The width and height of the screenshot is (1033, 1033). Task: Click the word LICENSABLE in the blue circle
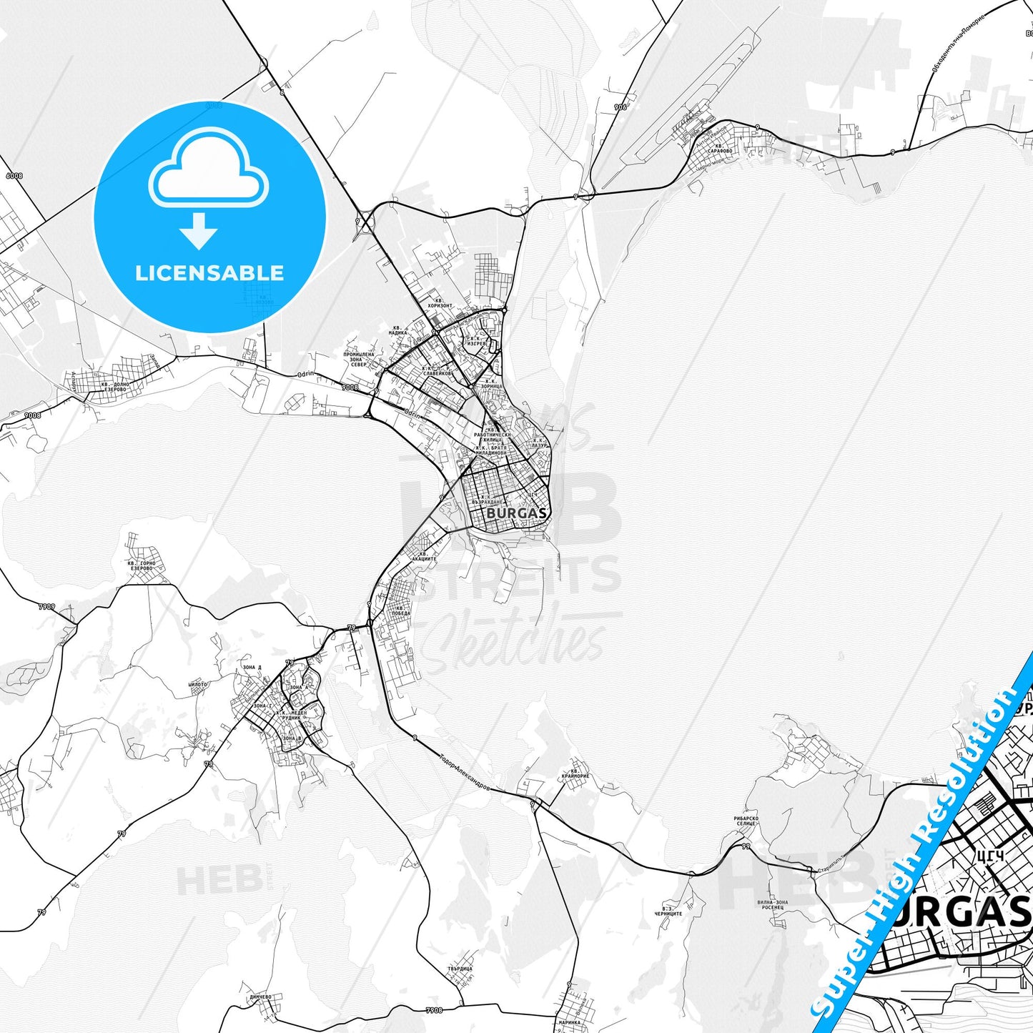(x=209, y=273)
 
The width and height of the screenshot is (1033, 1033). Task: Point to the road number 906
(x=620, y=107)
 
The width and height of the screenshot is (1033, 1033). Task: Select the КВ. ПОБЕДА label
(x=400, y=611)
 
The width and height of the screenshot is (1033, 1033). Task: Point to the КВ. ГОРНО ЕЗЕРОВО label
(x=141, y=566)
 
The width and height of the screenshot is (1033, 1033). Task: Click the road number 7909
(x=46, y=606)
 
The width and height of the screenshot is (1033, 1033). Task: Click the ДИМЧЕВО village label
(x=261, y=997)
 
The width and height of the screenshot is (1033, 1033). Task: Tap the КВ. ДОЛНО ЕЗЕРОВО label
(x=114, y=387)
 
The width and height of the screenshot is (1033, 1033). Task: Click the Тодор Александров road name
(x=464, y=773)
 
